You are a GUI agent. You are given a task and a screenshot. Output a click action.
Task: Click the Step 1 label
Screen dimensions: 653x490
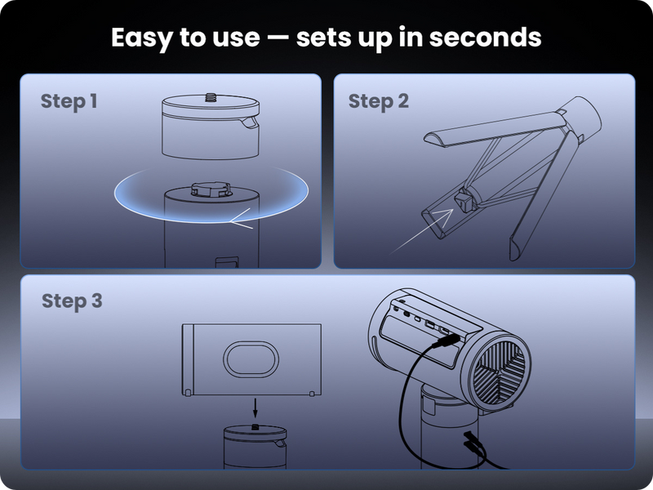[x=69, y=101]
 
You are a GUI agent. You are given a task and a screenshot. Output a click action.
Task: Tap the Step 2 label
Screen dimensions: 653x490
[x=378, y=101]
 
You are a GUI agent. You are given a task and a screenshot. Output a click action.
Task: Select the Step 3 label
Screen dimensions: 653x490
[x=72, y=301]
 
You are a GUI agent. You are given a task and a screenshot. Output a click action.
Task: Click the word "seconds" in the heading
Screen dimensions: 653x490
[x=485, y=38]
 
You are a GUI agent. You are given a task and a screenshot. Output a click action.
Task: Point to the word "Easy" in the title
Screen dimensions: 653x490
[x=141, y=38]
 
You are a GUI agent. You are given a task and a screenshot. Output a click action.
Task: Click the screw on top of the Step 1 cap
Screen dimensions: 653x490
[x=211, y=96]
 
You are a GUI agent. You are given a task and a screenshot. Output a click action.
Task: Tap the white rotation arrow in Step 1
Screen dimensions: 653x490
[x=242, y=219]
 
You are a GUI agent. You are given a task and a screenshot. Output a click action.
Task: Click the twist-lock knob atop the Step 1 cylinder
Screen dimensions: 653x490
[x=211, y=189]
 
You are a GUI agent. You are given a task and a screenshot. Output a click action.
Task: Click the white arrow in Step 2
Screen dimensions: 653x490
[x=421, y=232]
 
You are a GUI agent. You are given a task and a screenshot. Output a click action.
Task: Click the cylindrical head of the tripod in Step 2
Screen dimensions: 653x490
[x=580, y=117]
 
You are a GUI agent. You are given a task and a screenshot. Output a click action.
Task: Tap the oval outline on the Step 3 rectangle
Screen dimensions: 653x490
[x=251, y=359]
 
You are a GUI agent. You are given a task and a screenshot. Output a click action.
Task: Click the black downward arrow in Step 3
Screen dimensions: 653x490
[x=255, y=408]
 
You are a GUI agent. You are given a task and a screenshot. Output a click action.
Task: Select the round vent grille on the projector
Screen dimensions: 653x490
[x=500, y=372]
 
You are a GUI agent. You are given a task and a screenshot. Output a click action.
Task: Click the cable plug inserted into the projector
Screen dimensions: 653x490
[x=446, y=341]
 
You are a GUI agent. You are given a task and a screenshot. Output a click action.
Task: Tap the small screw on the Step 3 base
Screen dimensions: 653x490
[x=255, y=426]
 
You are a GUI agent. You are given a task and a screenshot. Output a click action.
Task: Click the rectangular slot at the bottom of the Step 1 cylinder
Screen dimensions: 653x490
[x=227, y=261]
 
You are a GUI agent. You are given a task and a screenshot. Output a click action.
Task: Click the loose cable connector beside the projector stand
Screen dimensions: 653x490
[x=473, y=442]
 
